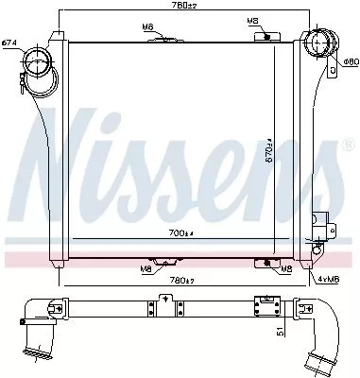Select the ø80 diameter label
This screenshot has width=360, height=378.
[x=349, y=62]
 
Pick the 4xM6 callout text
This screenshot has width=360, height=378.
[x=332, y=278]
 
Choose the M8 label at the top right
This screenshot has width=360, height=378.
[x=251, y=20]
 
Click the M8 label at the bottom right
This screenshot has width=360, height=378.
[x=285, y=268]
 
